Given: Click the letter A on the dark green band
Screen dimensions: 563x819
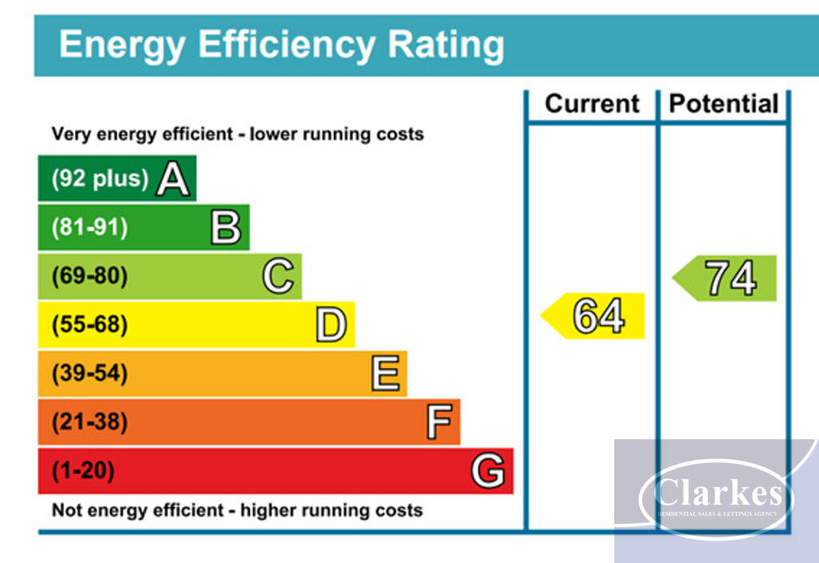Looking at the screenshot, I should click(x=173, y=179).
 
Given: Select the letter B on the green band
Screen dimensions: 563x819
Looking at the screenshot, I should click(x=226, y=228).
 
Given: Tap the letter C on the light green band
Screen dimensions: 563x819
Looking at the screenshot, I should click(x=278, y=277).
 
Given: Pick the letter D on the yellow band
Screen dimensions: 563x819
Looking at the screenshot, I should click(x=331, y=325).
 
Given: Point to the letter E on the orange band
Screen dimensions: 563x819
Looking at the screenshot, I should click(x=385, y=373).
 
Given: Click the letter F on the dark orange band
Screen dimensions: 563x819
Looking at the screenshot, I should click(x=438, y=422).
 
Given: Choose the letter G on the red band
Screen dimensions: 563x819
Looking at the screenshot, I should click(x=488, y=471).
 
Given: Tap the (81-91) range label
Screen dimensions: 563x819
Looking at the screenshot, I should click(x=89, y=228).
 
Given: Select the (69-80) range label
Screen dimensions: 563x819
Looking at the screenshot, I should click(x=89, y=277).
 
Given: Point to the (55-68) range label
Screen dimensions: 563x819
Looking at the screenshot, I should click(x=89, y=325).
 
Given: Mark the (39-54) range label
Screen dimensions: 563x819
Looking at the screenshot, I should click(x=89, y=373).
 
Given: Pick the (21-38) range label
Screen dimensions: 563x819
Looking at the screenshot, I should click(x=89, y=422).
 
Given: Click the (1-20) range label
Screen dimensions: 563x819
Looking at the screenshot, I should click(x=82, y=471).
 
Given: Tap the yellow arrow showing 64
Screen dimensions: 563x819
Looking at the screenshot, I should click(x=594, y=316).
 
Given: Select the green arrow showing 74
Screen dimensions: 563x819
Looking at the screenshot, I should click(x=725, y=278).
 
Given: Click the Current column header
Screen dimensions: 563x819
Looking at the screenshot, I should click(x=592, y=104).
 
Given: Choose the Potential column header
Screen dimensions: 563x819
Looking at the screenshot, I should click(x=723, y=104).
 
